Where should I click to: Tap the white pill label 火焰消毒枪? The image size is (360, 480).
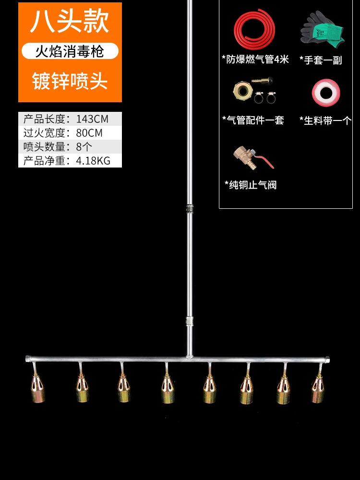tap(70, 51)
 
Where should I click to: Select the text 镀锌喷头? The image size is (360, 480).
tap(70, 81)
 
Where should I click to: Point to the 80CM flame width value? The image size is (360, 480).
tap(89, 133)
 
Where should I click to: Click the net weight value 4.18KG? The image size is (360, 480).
tap(93, 161)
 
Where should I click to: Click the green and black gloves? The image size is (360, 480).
tap(322, 29)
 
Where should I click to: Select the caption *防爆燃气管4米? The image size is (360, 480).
tap(255, 60)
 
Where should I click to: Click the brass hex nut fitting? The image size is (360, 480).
tap(241, 91)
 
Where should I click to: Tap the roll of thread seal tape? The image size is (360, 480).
tap(326, 93)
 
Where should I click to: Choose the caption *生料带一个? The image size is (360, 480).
tap(325, 120)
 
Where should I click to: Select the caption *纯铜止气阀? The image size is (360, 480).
tap(250, 185)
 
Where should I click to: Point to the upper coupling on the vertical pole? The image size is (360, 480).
tap(190, 209)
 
